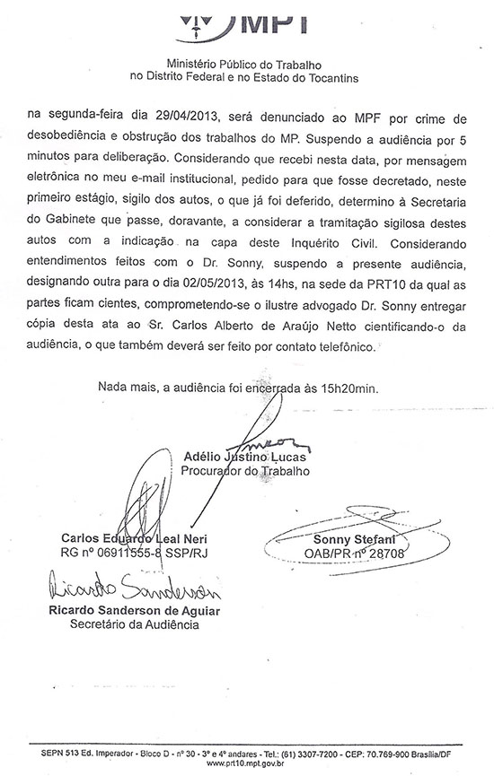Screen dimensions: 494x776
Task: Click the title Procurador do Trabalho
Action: click(x=245, y=470)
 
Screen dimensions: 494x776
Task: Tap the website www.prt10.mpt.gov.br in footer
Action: click(x=252, y=765)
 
